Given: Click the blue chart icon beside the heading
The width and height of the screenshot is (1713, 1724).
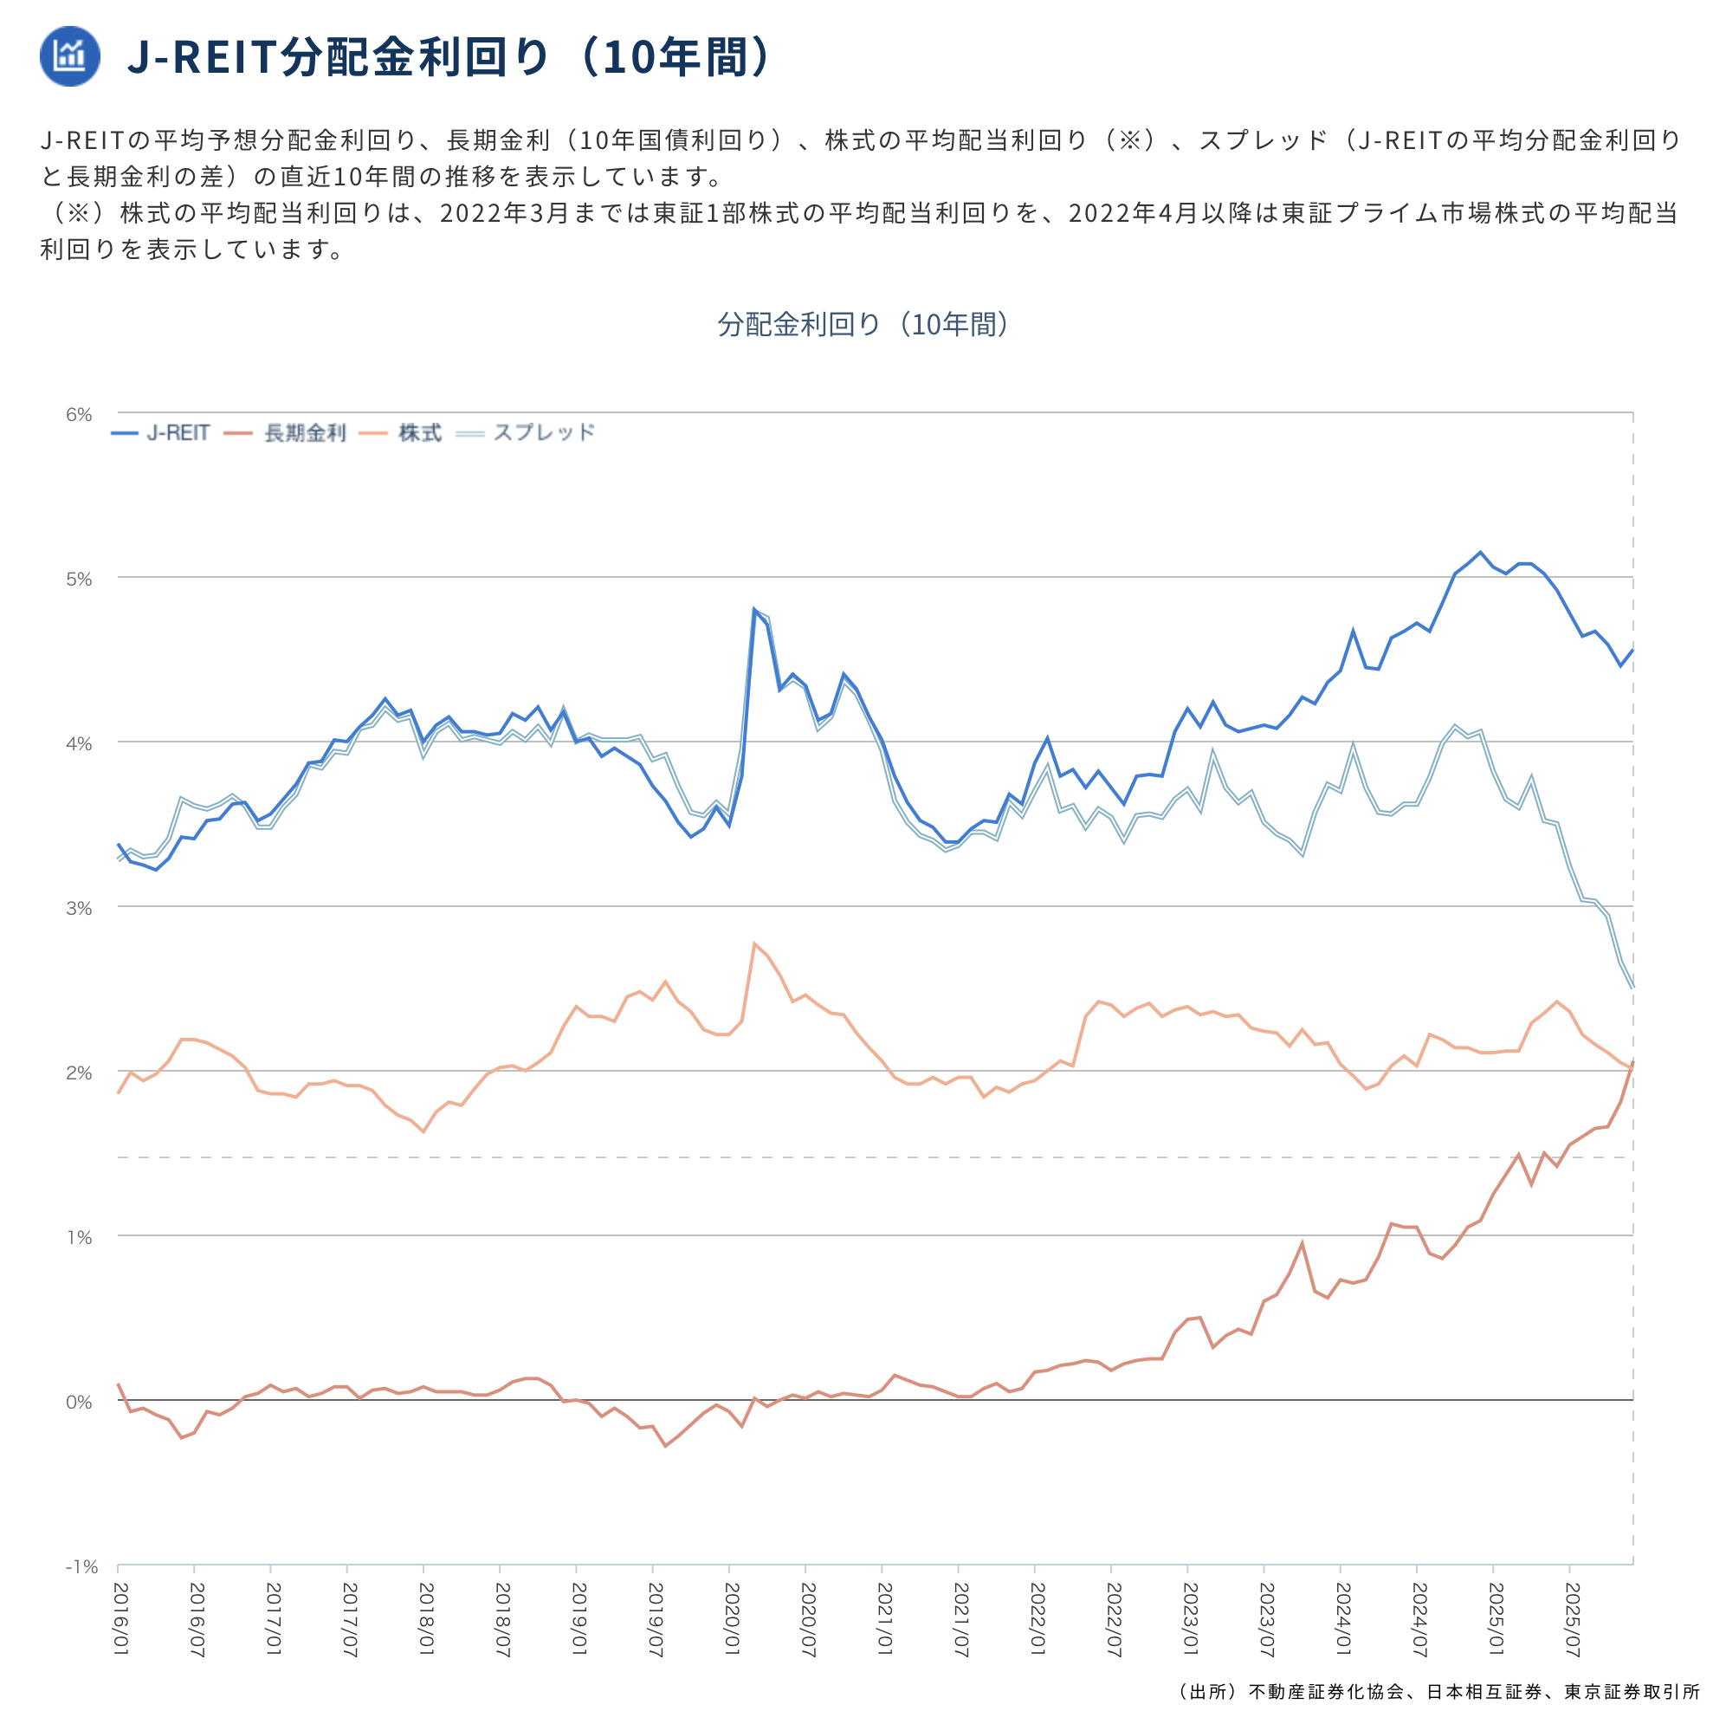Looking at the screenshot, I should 69,55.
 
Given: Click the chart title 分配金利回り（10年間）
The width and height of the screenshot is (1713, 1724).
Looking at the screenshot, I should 863,324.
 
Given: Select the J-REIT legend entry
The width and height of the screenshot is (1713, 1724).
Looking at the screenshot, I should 161,434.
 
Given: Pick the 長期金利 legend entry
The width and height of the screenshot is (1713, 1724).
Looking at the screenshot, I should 286,434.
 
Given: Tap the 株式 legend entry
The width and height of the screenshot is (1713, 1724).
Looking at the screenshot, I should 401,434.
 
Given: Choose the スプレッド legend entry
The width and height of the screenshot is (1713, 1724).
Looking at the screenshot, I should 526,434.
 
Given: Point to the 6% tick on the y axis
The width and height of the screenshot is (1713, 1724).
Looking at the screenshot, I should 79,414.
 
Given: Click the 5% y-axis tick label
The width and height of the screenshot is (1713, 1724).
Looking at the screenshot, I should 79,579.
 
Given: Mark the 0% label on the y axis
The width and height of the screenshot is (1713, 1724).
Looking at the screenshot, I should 79,1402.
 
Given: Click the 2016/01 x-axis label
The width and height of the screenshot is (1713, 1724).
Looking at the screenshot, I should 120,1619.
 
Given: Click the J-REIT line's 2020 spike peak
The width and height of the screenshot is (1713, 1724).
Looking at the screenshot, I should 755,611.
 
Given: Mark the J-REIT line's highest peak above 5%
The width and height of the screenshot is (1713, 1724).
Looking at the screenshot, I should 1480,553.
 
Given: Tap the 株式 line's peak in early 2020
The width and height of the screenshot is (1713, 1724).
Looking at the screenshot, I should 755,943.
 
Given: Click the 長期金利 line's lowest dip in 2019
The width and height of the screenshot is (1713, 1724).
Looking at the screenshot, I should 666,1446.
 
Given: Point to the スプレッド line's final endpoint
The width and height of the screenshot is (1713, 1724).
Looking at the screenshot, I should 1632,987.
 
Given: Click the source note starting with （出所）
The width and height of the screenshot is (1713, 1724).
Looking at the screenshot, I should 1437,1692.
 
